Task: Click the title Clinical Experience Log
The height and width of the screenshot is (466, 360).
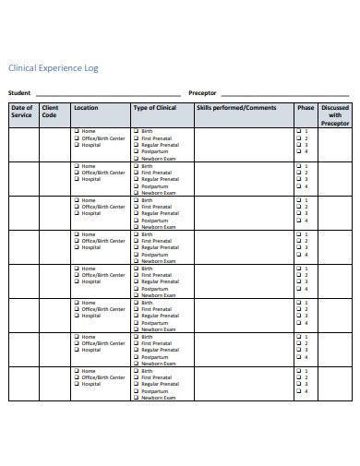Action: (x=53, y=68)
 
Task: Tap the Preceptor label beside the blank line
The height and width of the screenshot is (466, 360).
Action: (x=202, y=93)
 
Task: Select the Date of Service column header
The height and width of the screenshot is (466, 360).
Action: (x=22, y=112)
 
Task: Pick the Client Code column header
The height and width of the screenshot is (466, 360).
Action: (x=50, y=112)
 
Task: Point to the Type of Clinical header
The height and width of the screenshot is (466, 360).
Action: (x=155, y=108)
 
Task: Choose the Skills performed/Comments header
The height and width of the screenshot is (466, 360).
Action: (x=235, y=108)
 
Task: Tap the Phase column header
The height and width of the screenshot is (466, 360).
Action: (x=306, y=108)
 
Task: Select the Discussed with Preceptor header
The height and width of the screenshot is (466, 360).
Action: (x=335, y=115)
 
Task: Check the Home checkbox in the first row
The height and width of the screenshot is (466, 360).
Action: (x=77, y=131)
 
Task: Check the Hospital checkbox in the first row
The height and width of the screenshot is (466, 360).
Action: (x=77, y=145)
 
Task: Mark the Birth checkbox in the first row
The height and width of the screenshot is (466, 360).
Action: (x=137, y=131)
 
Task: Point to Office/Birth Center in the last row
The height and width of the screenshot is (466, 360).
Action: (x=102, y=377)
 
